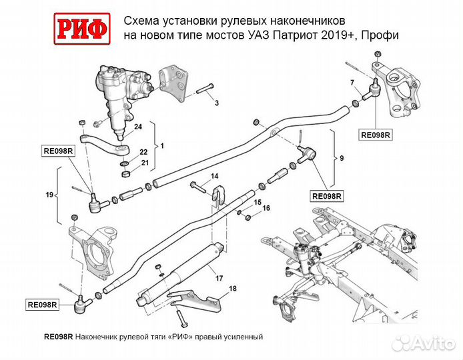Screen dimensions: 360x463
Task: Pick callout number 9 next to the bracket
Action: pos(342,158)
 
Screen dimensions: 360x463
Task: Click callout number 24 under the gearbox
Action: pos(138,126)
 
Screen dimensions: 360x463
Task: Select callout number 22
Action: pos(143,152)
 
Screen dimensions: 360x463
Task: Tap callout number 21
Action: pos(144,163)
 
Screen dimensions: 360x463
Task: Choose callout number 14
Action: pos(214,176)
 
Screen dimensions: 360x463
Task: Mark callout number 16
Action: pos(266,209)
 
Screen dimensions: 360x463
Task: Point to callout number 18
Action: pos(232,288)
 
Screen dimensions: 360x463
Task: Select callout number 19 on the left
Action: pos(49,195)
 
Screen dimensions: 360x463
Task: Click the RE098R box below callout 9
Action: pos(328,196)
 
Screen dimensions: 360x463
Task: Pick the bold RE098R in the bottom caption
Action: pos(57,337)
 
